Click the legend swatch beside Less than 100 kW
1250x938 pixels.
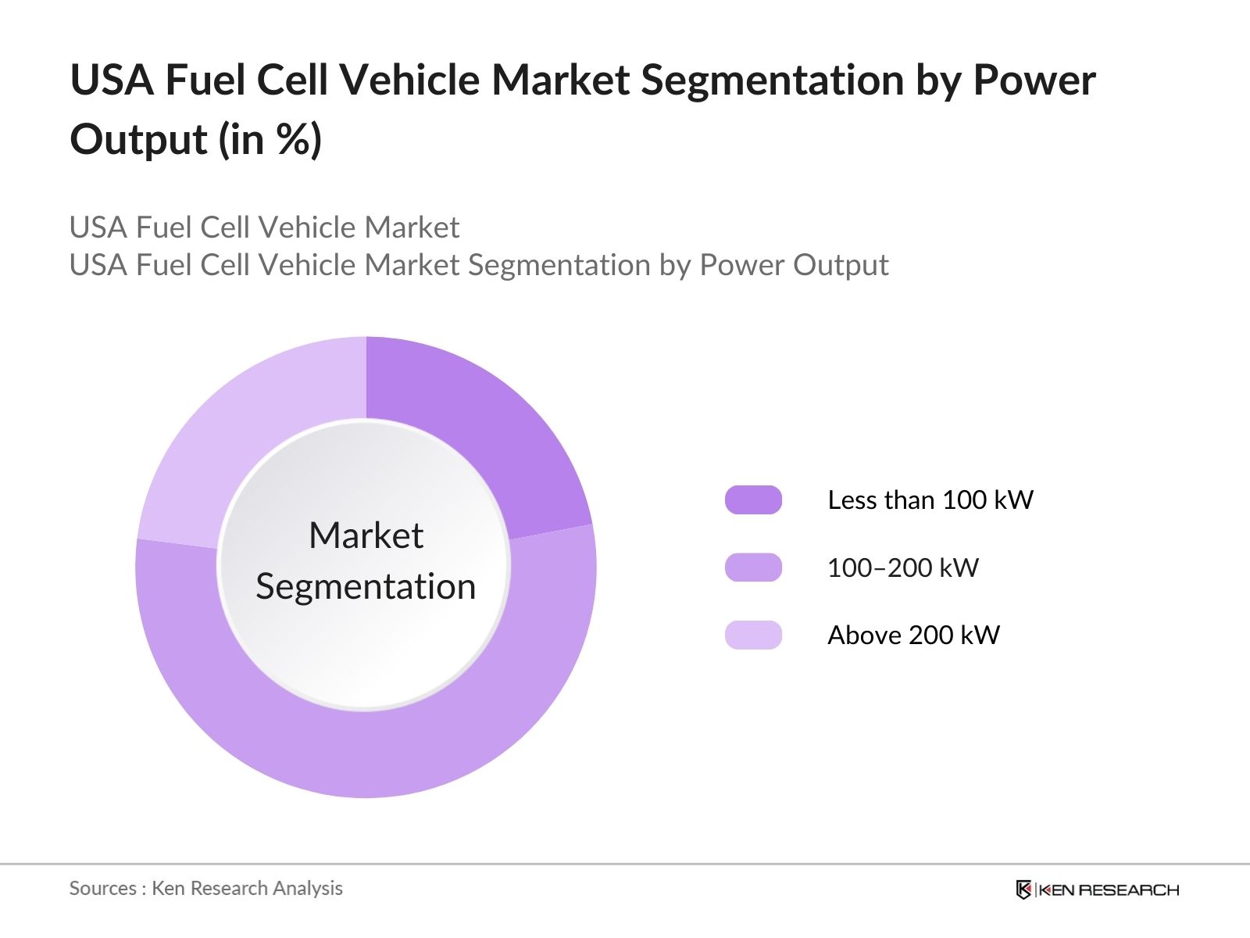753,500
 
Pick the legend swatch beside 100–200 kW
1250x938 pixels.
753,567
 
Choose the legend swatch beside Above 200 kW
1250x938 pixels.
753,635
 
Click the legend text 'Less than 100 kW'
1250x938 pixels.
930,500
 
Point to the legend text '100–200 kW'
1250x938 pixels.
902,567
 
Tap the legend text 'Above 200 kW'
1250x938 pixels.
913,635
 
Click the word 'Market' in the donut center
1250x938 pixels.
366,536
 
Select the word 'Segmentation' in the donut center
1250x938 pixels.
366,587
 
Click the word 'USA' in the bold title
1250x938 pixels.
112,81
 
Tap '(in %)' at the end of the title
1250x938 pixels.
270,141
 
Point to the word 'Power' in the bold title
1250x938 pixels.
1034,81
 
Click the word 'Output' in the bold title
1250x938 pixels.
138,141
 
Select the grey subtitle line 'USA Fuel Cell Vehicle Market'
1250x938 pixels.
264,227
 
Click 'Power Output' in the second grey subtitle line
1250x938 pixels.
794,266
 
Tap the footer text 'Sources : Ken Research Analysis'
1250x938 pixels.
205,888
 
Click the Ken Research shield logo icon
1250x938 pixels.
1023,890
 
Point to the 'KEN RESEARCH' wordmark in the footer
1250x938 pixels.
1109,890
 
